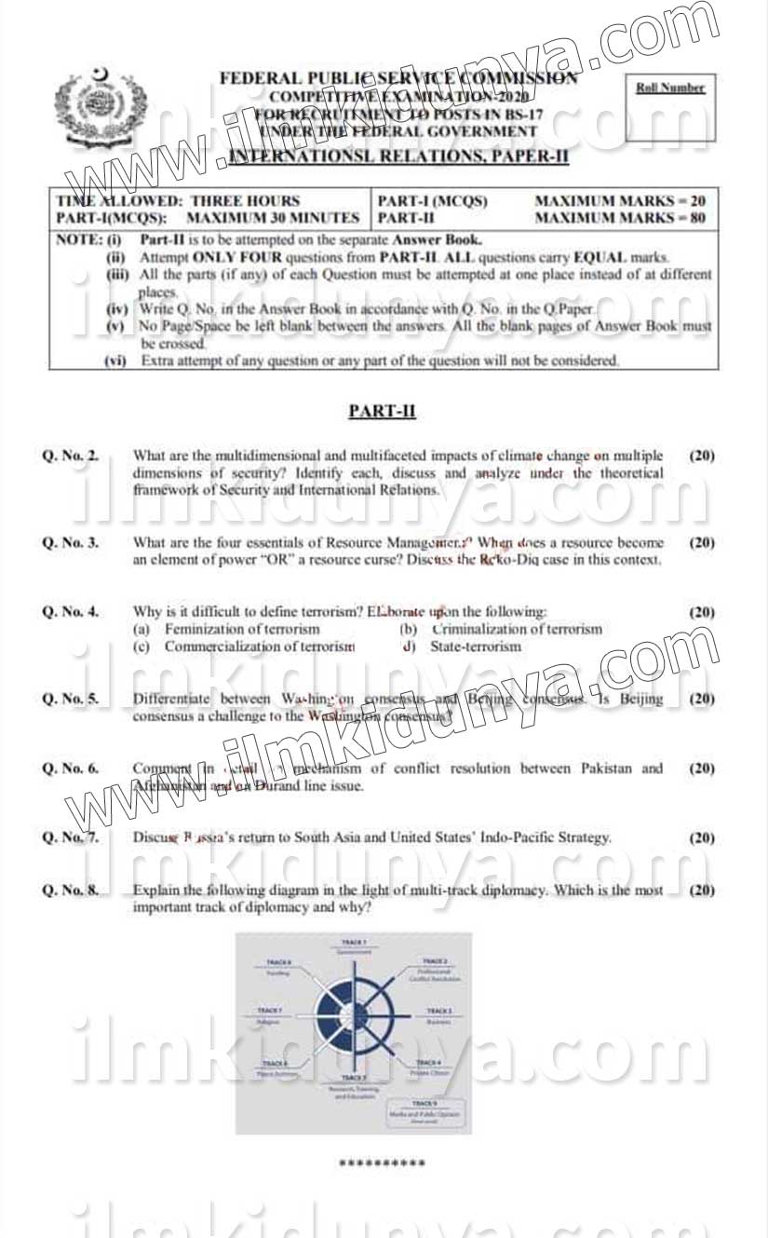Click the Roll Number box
669,107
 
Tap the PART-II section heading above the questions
382,411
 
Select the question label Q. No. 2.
71,456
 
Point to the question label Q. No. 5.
71,699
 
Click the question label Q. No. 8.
71,891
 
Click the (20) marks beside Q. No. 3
702,542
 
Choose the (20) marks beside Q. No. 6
702,769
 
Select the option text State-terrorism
475,646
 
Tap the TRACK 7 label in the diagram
269,1010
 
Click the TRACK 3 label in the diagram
438,1010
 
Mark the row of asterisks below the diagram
382,1163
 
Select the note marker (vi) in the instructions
116,361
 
